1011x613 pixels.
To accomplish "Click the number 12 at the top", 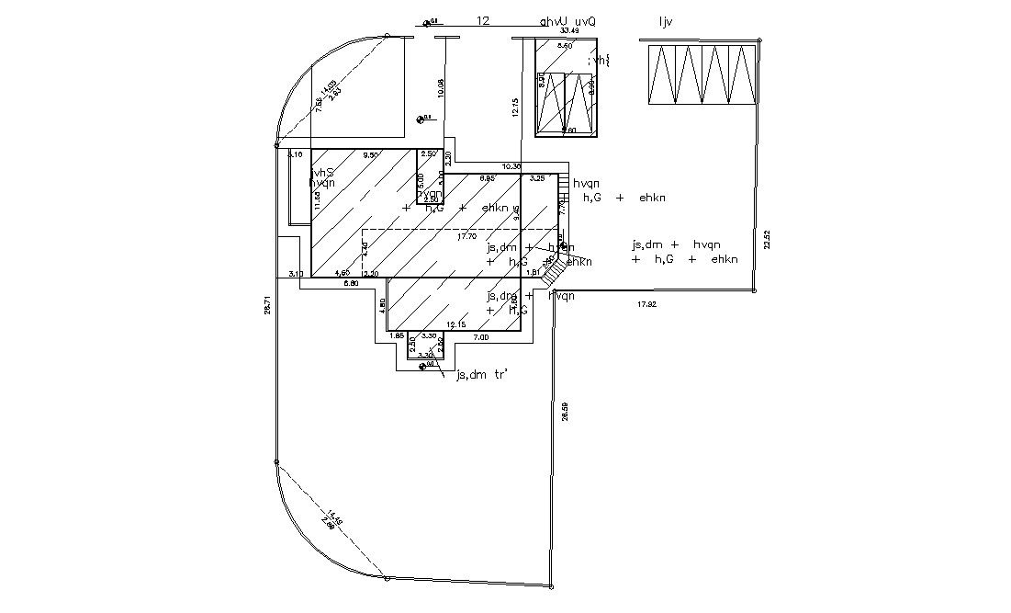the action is click(x=483, y=20).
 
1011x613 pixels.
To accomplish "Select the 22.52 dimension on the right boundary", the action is click(x=767, y=239).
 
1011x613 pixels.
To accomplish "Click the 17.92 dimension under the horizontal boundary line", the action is click(x=647, y=302).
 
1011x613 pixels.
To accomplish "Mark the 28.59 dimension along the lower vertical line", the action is click(x=564, y=411).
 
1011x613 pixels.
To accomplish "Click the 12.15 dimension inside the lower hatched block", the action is click(x=456, y=324).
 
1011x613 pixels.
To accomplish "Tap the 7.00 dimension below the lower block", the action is click(x=480, y=337).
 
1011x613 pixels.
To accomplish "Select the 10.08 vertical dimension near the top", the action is click(x=441, y=87).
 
